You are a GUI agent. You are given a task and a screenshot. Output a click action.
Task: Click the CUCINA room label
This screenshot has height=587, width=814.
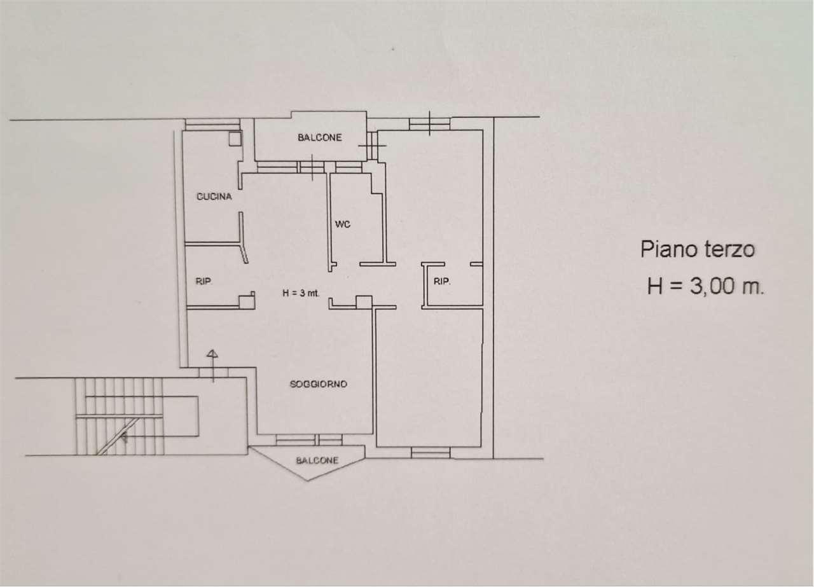(214, 197)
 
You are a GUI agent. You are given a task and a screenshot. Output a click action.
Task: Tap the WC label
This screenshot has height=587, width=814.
(343, 224)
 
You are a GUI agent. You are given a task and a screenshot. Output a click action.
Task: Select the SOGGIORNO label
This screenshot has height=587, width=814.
(319, 384)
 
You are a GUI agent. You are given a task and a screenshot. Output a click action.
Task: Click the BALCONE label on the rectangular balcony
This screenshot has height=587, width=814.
(320, 137)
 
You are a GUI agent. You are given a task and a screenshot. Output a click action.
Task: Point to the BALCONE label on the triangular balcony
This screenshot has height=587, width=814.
(317, 460)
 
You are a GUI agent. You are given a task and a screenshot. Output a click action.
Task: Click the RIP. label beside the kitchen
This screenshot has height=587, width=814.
(204, 281)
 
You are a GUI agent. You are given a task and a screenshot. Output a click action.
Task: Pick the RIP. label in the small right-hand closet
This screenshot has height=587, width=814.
(442, 281)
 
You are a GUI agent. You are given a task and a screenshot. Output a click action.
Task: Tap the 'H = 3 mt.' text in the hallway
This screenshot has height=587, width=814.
(301, 293)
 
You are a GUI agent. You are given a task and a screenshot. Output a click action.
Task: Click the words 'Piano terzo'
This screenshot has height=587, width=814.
(698, 249)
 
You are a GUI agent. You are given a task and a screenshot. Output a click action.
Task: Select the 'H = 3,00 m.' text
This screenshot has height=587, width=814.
(706, 286)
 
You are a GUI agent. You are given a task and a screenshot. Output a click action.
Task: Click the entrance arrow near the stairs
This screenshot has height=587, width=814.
(212, 366)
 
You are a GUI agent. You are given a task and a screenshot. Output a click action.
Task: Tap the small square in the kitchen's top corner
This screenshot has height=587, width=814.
(235, 139)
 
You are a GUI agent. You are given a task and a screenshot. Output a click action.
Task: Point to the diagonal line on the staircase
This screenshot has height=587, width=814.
(118, 436)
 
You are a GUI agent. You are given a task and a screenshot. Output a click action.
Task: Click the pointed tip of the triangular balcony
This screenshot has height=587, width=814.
(307, 481)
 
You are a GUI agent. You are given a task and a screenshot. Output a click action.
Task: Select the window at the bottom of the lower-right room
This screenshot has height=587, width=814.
(431, 453)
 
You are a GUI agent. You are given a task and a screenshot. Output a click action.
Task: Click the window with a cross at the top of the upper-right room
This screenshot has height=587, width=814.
(429, 123)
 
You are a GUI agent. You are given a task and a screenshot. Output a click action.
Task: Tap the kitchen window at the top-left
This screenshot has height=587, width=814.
(212, 124)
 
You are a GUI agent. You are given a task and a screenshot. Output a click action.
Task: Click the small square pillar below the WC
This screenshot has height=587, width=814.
(364, 302)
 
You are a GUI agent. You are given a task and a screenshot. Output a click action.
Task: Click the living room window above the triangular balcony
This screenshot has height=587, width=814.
(309, 440)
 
